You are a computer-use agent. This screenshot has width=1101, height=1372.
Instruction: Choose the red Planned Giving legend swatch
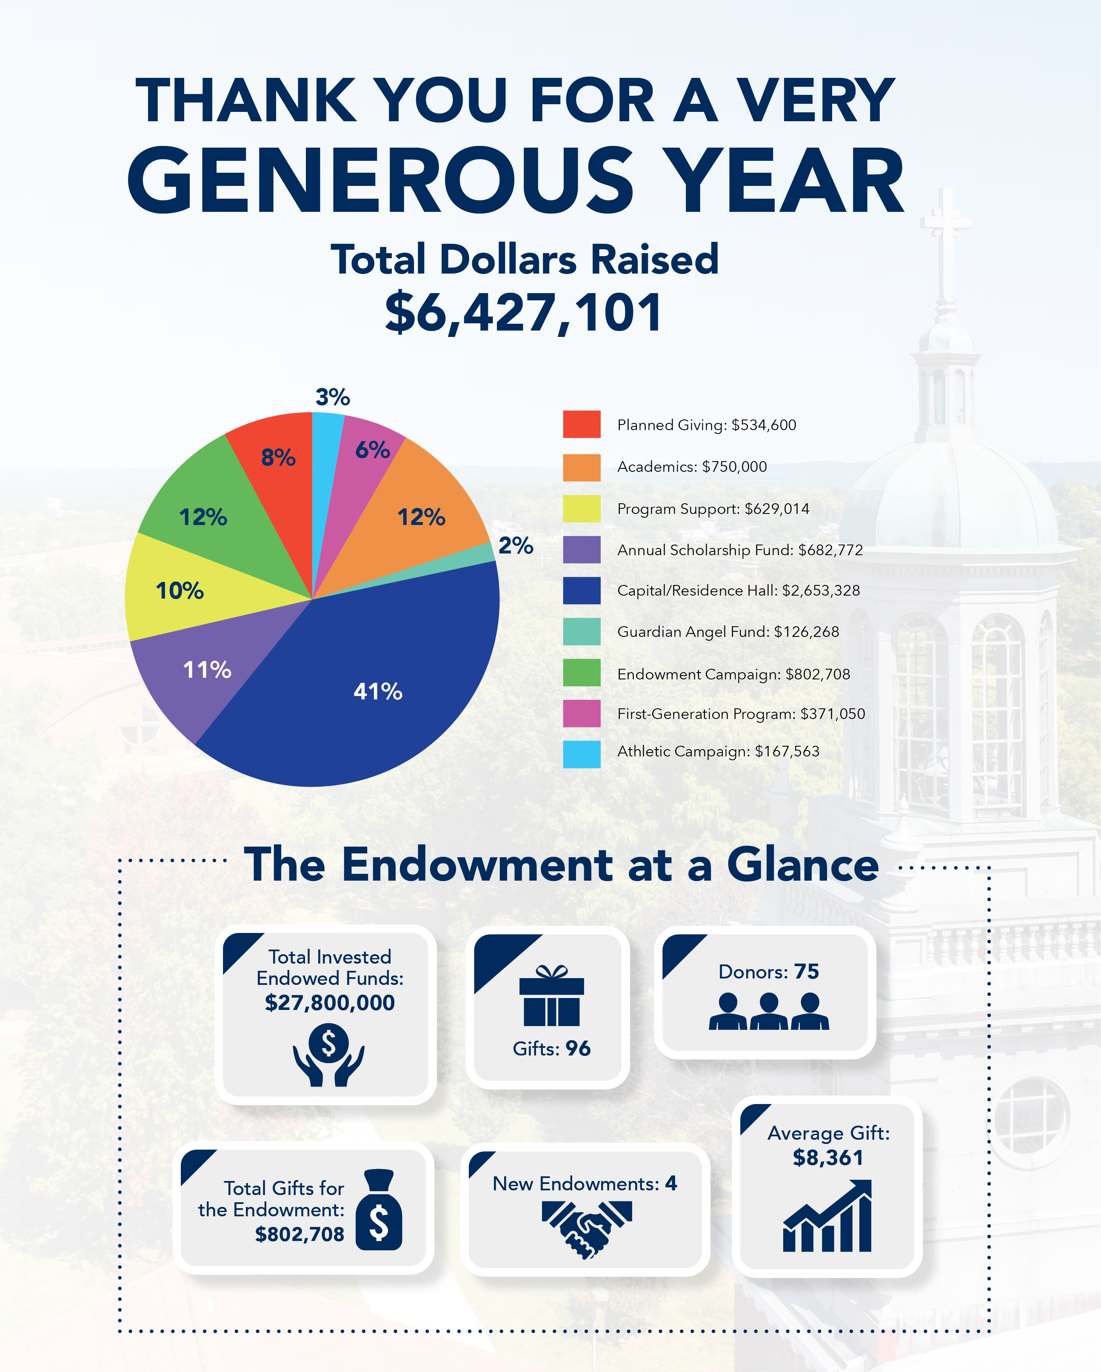click(x=581, y=424)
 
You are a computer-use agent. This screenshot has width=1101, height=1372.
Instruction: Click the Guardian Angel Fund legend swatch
click(x=581, y=631)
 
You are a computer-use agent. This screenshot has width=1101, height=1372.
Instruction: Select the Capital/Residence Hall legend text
click(x=738, y=590)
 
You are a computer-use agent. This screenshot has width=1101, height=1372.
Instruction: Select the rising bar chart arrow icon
click(x=827, y=1216)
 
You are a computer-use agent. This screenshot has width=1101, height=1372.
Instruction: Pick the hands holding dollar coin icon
click(x=328, y=1053)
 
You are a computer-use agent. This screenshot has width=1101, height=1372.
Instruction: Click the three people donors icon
click(x=768, y=1011)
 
